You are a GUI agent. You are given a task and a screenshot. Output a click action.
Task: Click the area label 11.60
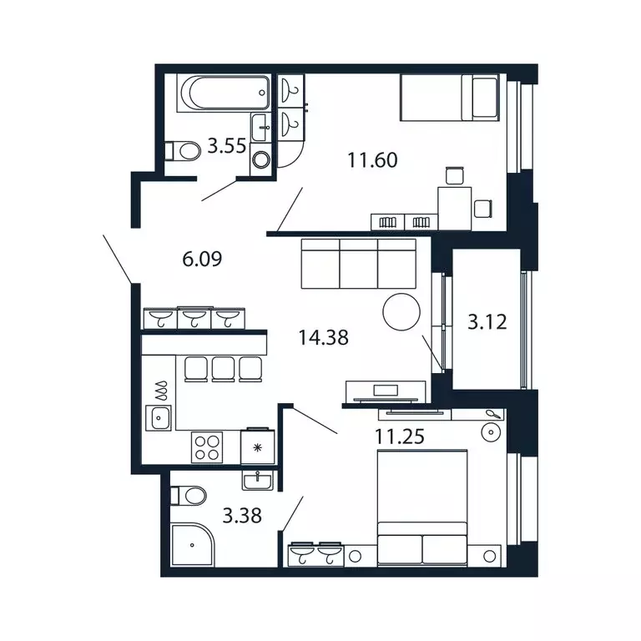pyautogui.click(x=371, y=159)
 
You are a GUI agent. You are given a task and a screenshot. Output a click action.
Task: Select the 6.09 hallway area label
pyautogui.click(x=203, y=260)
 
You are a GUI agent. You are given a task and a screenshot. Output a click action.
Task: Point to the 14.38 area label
pyautogui.click(x=323, y=337)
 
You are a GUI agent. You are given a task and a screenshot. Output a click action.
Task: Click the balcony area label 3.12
pyautogui.click(x=488, y=321)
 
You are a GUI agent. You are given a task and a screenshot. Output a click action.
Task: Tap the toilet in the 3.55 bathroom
pyautogui.click(x=184, y=151)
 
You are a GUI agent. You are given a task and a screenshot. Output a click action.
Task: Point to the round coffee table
pyautogui.click(x=401, y=312)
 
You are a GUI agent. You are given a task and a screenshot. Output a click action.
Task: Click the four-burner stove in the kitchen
pyautogui.click(x=206, y=447)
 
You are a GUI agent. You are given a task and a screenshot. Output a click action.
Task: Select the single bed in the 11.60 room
pyautogui.click(x=450, y=98)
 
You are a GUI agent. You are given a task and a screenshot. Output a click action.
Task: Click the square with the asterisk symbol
pyautogui.click(x=257, y=447)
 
